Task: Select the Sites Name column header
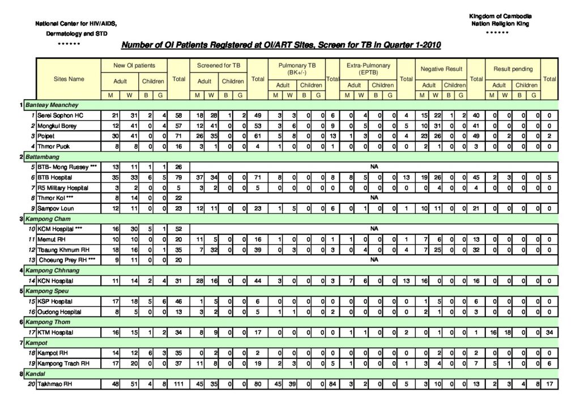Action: click(69, 79)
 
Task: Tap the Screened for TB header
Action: click(218, 66)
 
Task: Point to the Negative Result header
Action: click(441, 69)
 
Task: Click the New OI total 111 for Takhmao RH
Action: click(179, 384)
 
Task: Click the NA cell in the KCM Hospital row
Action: click(374, 229)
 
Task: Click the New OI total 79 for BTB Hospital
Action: click(179, 177)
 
